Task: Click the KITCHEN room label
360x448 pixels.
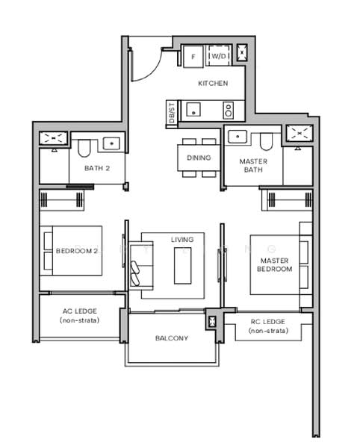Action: [x=213, y=83]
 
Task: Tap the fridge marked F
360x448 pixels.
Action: [x=193, y=56]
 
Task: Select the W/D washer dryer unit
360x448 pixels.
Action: [x=219, y=56]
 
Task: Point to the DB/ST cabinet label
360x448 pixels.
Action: [x=172, y=113]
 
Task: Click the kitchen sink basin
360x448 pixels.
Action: [x=193, y=110]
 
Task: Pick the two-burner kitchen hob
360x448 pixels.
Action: [x=229, y=111]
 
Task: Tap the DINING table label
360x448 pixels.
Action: [x=199, y=158]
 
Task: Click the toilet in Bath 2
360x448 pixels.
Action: [x=84, y=148]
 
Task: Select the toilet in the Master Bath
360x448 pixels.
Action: [x=267, y=142]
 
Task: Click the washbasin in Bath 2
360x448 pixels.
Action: [x=112, y=143]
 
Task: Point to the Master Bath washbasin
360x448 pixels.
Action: [x=238, y=137]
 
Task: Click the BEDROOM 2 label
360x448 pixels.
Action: [x=77, y=251]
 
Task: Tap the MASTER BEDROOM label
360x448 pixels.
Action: [x=274, y=264]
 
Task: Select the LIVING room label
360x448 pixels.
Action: [x=182, y=240]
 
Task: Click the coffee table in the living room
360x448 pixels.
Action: [x=182, y=266]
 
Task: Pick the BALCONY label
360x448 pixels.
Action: [x=172, y=338]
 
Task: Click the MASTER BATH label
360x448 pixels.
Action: [x=253, y=166]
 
